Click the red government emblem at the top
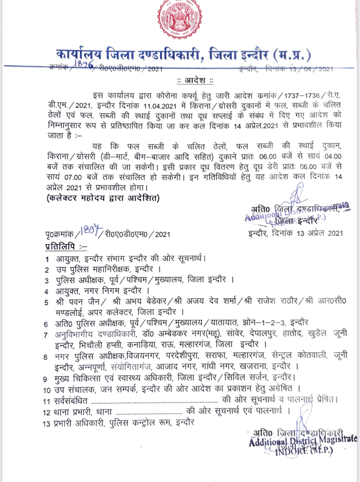pyautogui.click(x=180, y=19)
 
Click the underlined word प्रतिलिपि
pyautogui.click(x=60, y=247)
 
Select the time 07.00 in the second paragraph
pyautogui.click(x=73, y=177)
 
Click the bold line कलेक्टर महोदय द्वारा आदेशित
pyautogui.click(x=103, y=198)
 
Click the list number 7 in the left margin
pyautogui.click(x=46, y=335)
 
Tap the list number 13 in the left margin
pyautogui.click(x=46, y=424)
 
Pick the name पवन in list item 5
pyautogui.click(x=76, y=301)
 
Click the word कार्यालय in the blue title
pyautogui.click(x=79, y=54)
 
